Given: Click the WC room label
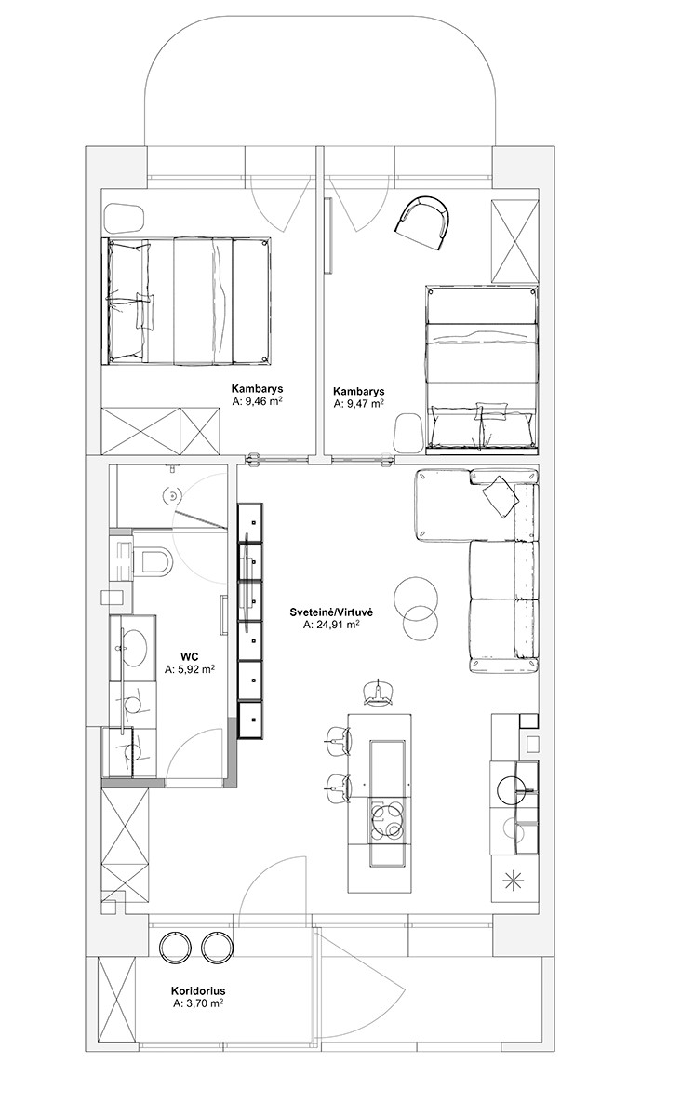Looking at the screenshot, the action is (x=190, y=658).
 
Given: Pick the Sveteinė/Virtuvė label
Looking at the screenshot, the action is (x=331, y=612).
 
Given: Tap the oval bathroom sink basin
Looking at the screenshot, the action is (x=131, y=648).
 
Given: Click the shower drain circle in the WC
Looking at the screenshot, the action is (x=172, y=495).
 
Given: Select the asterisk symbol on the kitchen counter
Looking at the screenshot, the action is (x=514, y=881).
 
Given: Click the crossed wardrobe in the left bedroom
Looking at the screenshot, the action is (x=161, y=431).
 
